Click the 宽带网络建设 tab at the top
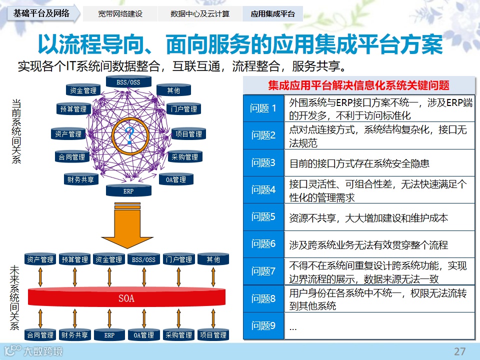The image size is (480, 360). click(x=120, y=14)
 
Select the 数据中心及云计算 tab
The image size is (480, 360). click(x=199, y=14)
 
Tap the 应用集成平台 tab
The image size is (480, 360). click(x=272, y=14)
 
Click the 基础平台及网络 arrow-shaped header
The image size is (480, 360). click(x=42, y=13)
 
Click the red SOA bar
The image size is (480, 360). click(x=126, y=298)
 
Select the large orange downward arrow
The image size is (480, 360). click(x=128, y=225)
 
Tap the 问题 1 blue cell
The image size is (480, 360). click(x=263, y=108)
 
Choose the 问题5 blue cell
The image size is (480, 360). click(x=263, y=217)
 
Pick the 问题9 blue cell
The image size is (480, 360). click(x=263, y=326)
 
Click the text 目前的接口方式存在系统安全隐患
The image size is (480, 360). click(x=359, y=163)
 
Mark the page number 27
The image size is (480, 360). click(x=459, y=351)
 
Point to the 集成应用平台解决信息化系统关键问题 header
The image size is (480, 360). click(x=358, y=85)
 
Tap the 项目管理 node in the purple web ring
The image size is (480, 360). click(x=188, y=134)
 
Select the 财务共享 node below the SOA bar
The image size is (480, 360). click(x=75, y=335)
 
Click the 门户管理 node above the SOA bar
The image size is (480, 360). click(x=178, y=259)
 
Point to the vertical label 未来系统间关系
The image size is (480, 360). click(x=14, y=297)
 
